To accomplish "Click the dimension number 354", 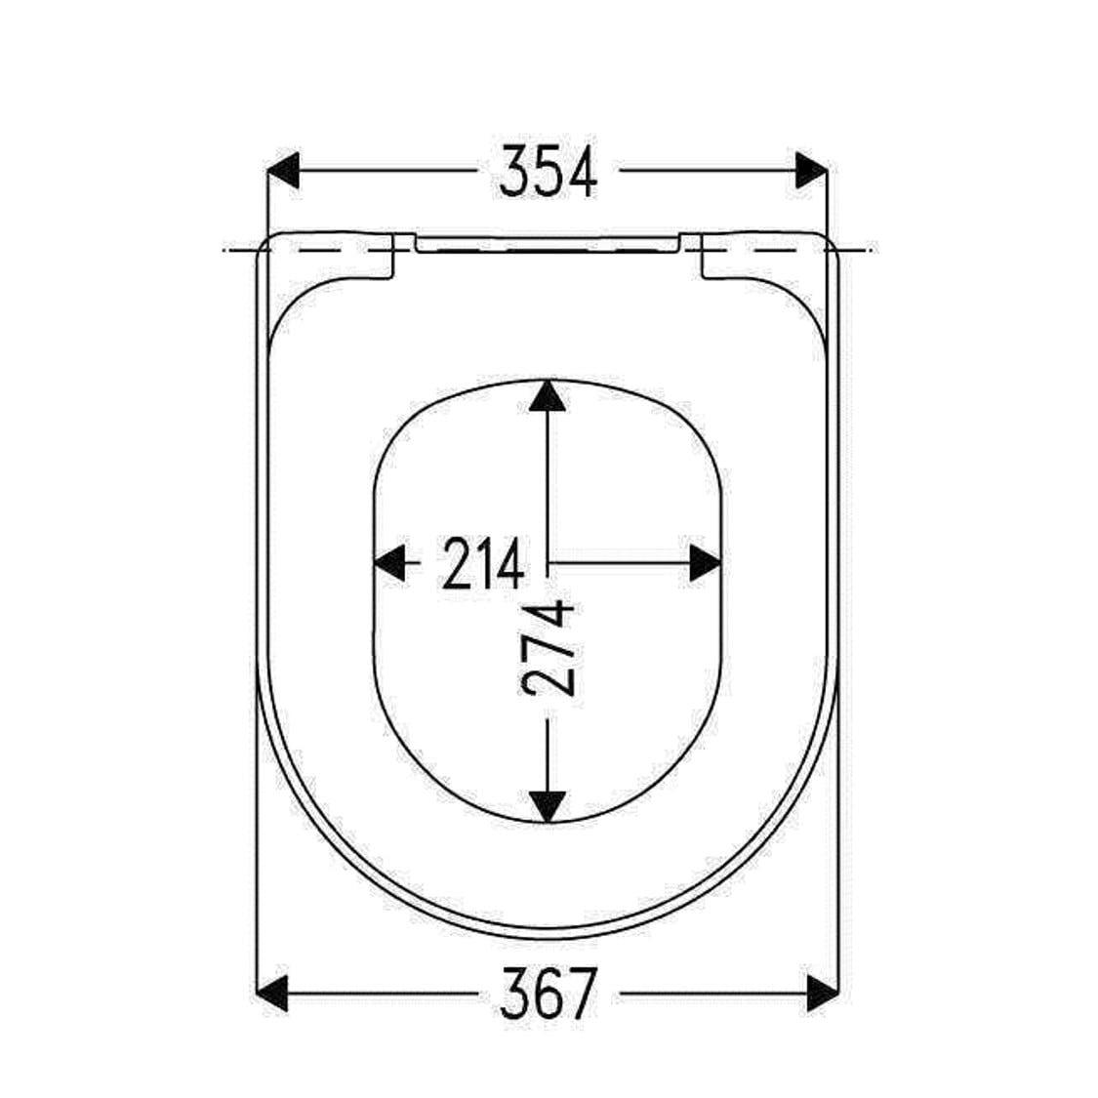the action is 549,172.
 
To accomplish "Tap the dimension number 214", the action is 483,564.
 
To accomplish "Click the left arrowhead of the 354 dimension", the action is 284,170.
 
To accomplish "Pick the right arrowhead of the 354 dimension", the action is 812,170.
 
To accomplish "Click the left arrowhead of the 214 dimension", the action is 389,563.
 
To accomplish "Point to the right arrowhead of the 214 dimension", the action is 706,563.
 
